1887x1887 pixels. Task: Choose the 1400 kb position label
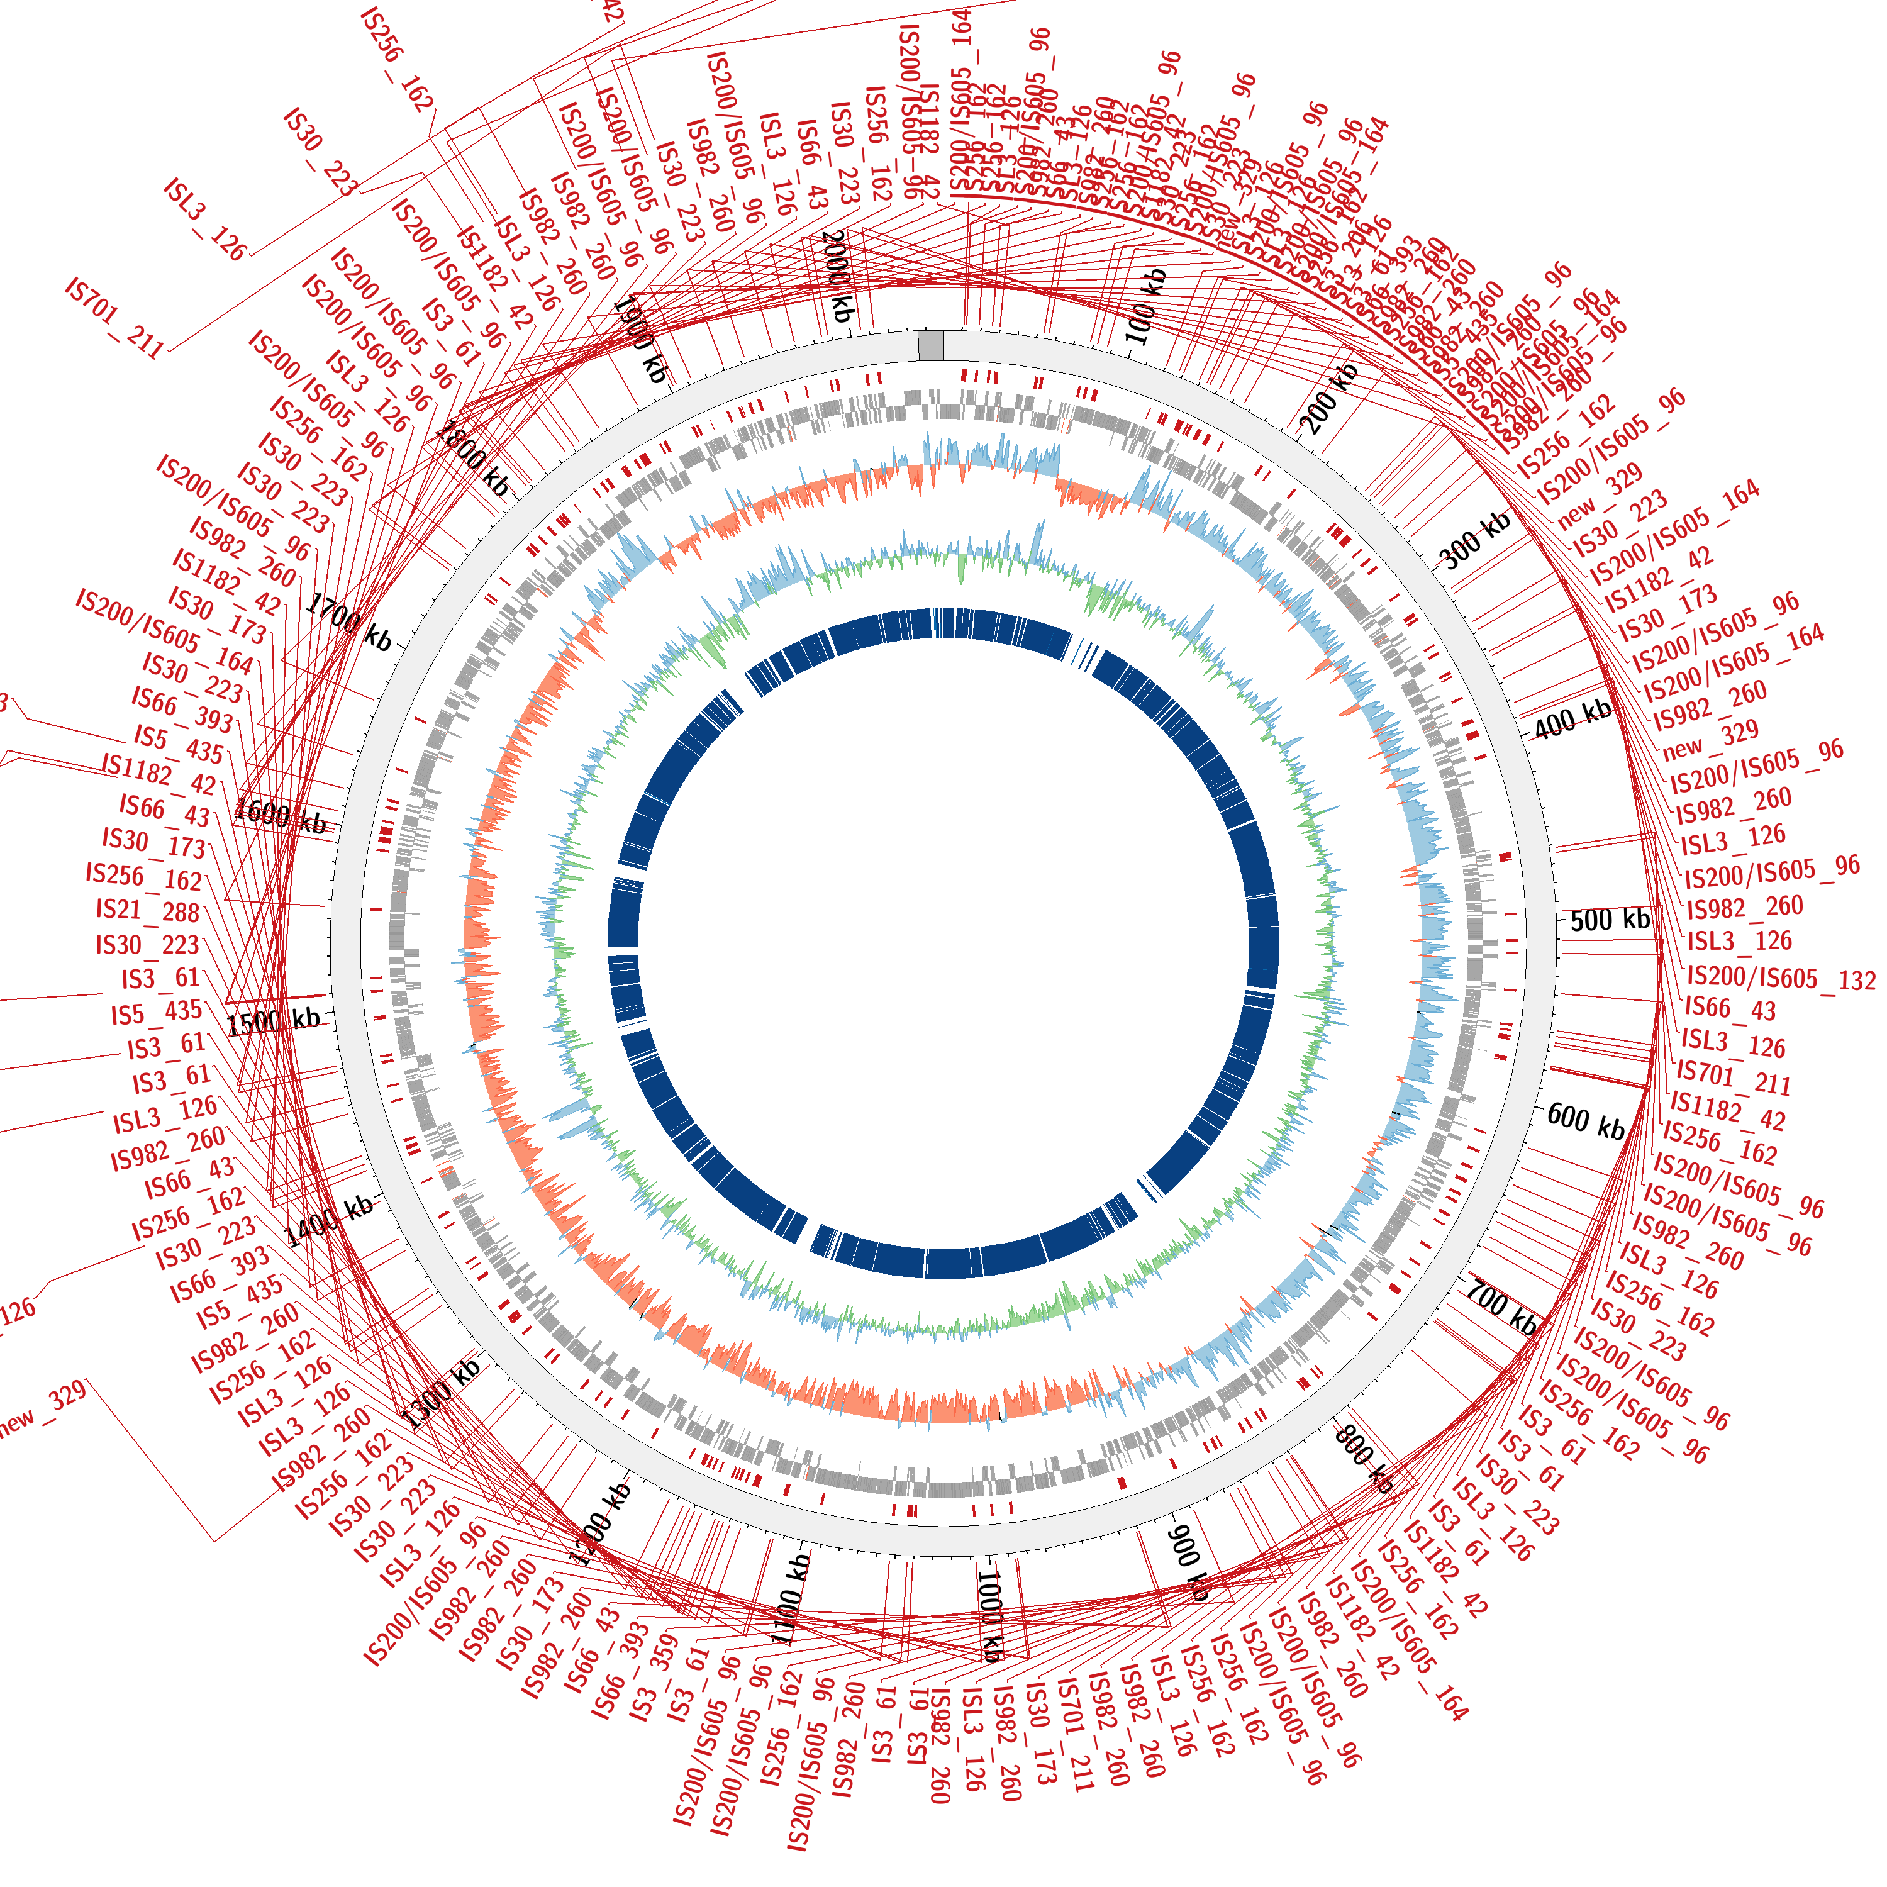point(330,1221)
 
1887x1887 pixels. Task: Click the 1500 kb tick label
point(274,1021)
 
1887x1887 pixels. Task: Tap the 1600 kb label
point(281,816)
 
